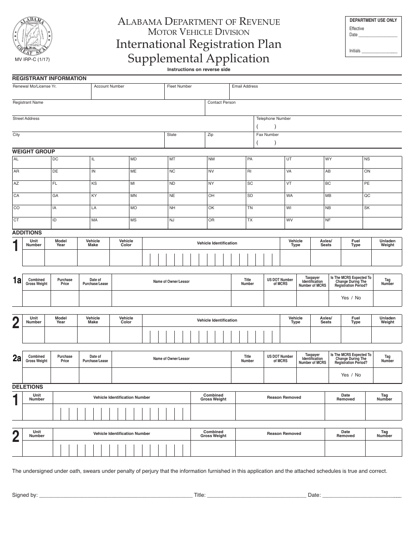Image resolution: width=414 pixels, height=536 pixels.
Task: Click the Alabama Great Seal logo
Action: [x=33, y=35]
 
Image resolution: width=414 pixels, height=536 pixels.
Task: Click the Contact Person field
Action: [x=303, y=108]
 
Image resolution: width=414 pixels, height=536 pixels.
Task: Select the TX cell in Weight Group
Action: [x=265, y=223]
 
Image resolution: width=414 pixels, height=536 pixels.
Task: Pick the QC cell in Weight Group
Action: [x=382, y=199]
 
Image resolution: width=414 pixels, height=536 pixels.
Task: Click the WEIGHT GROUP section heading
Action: [x=34, y=152]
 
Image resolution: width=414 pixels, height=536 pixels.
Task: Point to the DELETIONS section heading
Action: [x=27, y=387]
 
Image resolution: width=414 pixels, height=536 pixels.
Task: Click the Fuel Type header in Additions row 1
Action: [x=356, y=243]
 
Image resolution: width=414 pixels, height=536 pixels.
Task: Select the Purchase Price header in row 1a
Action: [x=65, y=282]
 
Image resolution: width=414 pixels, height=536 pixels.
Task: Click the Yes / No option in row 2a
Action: [x=351, y=375]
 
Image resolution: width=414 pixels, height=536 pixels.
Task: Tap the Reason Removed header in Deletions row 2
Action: [x=284, y=434]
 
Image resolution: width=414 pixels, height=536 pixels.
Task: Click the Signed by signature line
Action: [x=115, y=495]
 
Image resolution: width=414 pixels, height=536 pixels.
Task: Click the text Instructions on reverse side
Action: [x=199, y=70]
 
